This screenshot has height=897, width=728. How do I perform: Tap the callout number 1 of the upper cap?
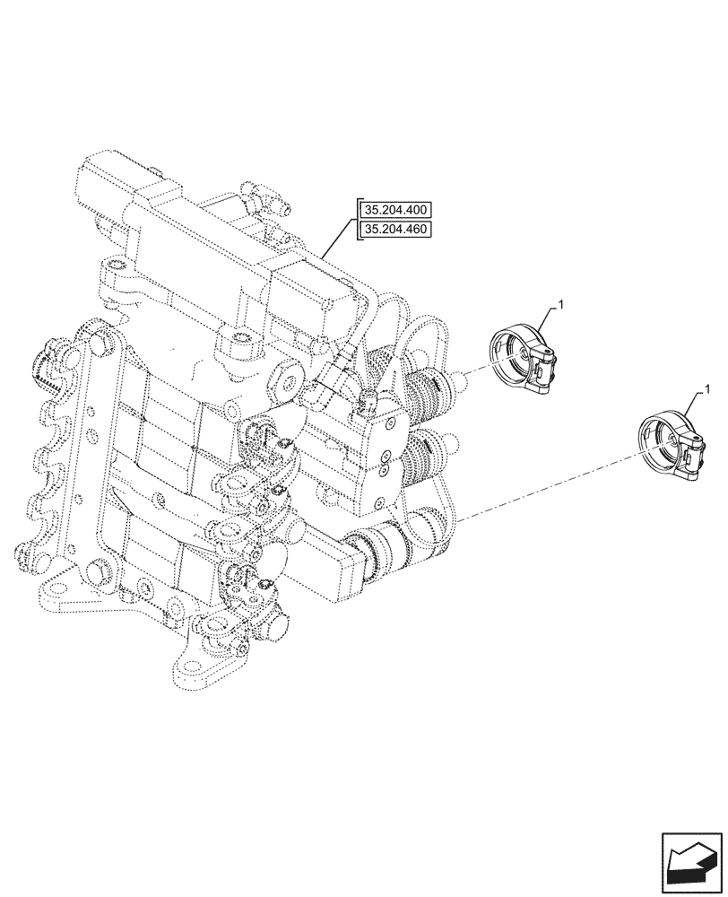(x=560, y=307)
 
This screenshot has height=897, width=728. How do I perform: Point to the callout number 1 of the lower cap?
(x=708, y=390)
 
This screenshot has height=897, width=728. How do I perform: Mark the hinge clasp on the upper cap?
(x=546, y=368)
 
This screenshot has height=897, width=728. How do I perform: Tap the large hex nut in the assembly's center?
(x=289, y=384)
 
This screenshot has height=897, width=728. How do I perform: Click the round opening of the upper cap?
(x=511, y=354)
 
